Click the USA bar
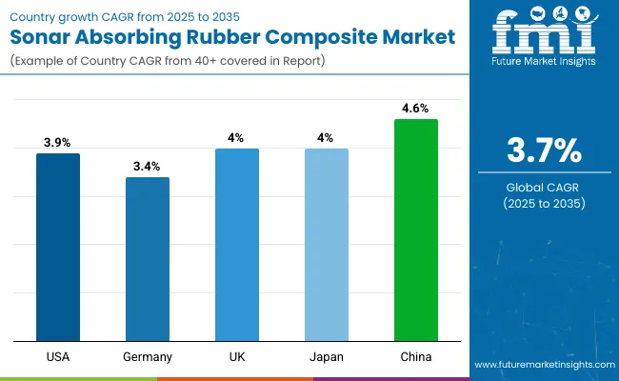[58, 248]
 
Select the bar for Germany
[148, 259]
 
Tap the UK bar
[237, 245]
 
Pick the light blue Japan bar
[327, 245]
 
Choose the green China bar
[416, 230]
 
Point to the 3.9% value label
[58, 142]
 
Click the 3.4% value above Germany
[148, 166]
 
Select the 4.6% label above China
[416, 108]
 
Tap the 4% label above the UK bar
[237, 137]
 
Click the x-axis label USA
[58, 356]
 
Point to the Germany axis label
[148, 356]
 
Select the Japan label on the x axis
[327, 356]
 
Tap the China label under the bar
[416, 356]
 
